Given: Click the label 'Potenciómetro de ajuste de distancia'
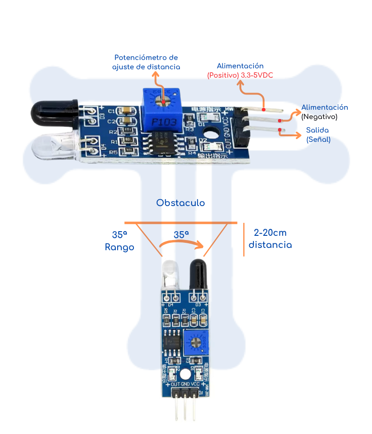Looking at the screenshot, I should click(x=146, y=62).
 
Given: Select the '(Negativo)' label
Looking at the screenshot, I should click(x=319, y=117).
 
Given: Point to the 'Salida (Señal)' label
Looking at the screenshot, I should click(x=318, y=134).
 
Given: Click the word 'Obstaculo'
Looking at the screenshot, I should click(x=180, y=203).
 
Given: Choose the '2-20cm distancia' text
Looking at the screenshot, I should click(x=270, y=239).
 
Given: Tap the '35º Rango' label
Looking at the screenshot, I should click(x=120, y=241).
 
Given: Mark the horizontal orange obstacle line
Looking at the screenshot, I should click(x=181, y=223).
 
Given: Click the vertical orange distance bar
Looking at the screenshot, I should click(x=244, y=239).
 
